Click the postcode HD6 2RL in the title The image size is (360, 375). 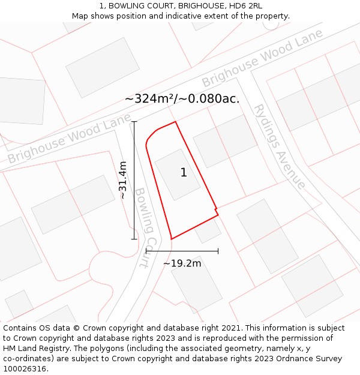coord(246,6)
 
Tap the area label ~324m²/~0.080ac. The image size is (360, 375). coord(182,99)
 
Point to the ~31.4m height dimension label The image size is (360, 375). coord(123,180)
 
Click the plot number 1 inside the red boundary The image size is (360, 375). coord(184,173)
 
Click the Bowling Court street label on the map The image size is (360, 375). coord(145,227)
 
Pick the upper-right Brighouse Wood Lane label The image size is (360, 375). coord(262,58)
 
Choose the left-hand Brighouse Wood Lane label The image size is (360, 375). coord(69,140)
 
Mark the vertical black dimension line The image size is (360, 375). coord(134,180)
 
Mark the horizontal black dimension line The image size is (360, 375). coord(182,251)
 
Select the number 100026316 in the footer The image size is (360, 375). coord(25,369)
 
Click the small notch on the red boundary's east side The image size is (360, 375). coord(217,211)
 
